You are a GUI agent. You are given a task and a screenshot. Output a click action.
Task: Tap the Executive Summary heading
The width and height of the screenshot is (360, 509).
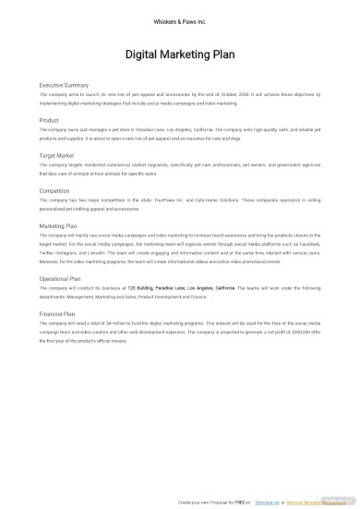64,85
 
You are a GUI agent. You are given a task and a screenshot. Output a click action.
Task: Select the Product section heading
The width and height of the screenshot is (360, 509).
49,120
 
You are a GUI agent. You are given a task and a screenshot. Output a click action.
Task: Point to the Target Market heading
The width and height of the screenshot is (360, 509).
57,156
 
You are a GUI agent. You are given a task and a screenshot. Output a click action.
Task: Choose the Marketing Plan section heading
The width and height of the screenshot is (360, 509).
58,225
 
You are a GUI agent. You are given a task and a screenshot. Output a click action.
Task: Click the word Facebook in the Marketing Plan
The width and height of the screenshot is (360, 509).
308,244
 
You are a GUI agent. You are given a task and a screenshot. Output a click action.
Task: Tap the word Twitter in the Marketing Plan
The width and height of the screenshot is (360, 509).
47,252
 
